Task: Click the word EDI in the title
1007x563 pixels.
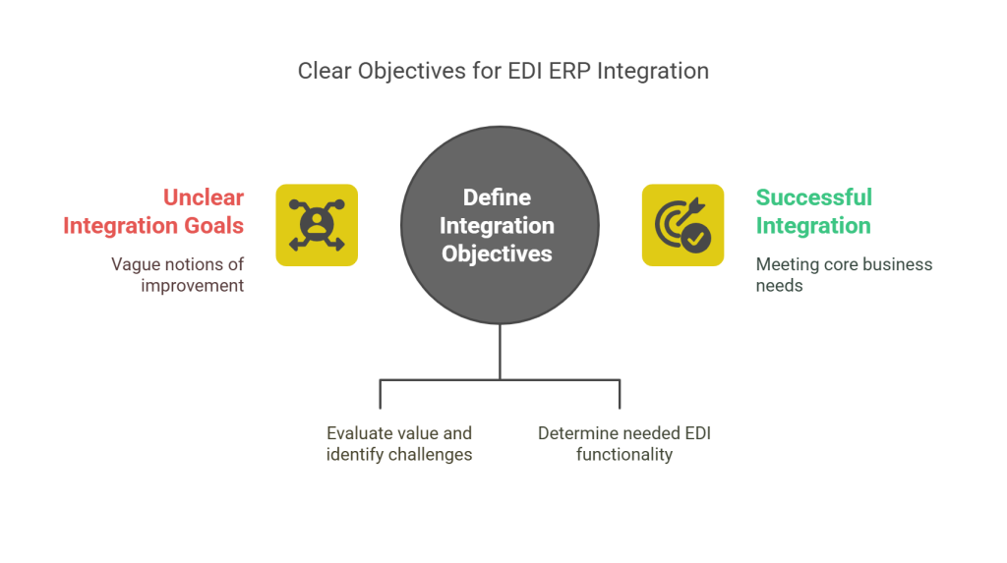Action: coord(522,72)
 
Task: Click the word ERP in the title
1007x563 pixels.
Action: coord(567,72)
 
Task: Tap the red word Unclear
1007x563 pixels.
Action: coord(204,197)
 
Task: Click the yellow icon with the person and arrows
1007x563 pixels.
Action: coord(317,225)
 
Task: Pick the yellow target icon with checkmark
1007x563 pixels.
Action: coord(683,225)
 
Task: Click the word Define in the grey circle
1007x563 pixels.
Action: coord(497,197)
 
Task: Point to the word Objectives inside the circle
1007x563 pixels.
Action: coord(497,253)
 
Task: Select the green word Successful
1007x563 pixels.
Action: coord(813,197)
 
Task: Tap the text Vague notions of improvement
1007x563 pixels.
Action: coord(177,274)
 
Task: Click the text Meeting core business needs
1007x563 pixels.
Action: coord(844,274)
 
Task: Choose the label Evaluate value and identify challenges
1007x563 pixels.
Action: coord(399,443)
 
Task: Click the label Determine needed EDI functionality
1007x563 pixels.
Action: coord(623,443)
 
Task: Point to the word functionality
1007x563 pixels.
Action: coord(623,454)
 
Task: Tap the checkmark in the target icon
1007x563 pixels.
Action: coord(696,237)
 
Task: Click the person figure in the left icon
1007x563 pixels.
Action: coord(317,225)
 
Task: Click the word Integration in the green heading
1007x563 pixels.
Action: coord(812,226)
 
